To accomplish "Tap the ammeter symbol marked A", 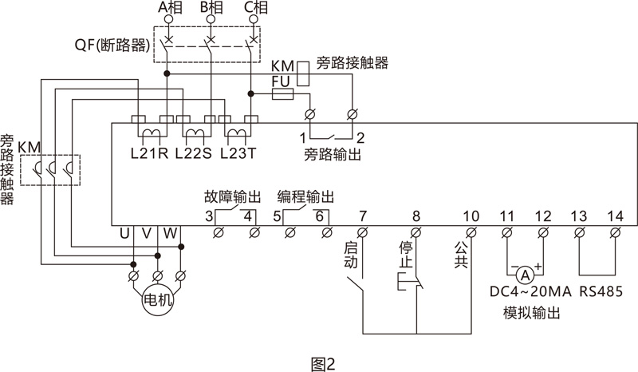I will coord(525,271).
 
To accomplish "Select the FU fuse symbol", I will coord(282,94).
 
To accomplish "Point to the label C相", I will coord(255,8).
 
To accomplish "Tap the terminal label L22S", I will coord(193,152).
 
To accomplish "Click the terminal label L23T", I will coord(238,152).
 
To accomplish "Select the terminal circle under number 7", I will coord(363,232).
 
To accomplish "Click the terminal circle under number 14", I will coord(614,232).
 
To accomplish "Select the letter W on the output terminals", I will coord(170,233).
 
